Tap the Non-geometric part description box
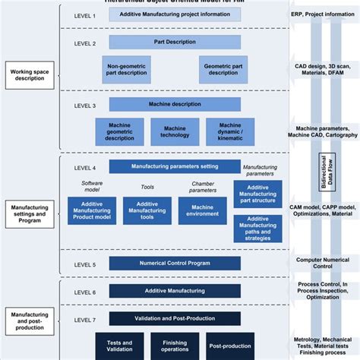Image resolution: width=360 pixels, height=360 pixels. [x=128, y=70]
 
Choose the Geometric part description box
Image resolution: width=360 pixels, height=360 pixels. [x=224, y=70]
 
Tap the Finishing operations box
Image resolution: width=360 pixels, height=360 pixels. [x=175, y=348]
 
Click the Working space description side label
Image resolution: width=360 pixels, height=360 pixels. [x=27, y=74]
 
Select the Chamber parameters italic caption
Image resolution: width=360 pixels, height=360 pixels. [x=202, y=186]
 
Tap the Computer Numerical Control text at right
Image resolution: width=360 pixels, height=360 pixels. [x=324, y=263]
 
